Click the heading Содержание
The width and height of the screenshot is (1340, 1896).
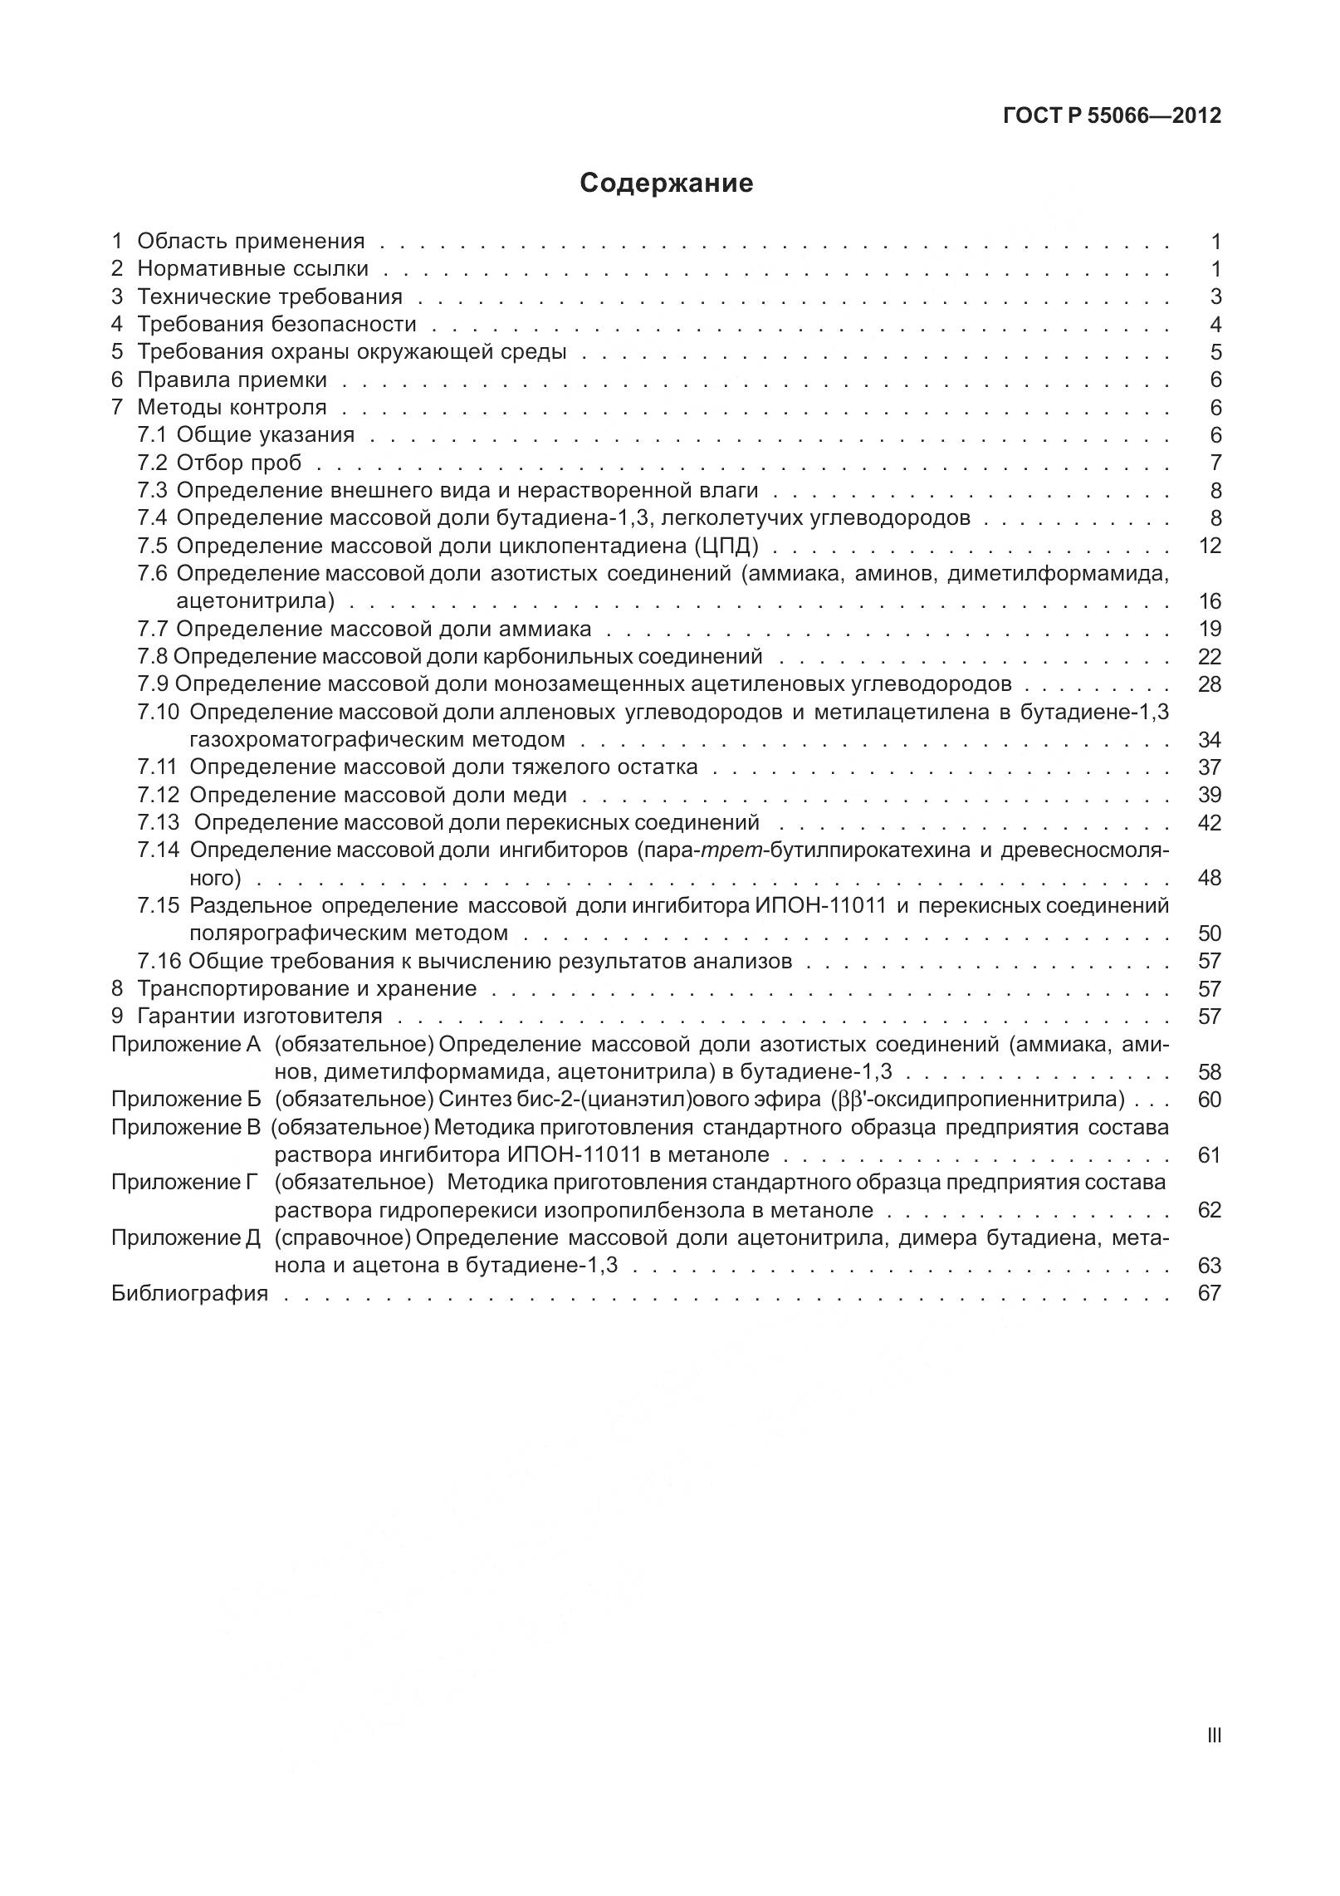(666, 183)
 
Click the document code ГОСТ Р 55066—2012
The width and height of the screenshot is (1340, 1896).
(1112, 116)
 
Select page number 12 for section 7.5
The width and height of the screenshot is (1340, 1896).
(1210, 546)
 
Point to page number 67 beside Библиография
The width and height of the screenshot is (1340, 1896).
(1210, 1293)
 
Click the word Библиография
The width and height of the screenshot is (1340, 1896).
(189, 1293)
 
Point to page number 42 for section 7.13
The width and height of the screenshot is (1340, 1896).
(1210, 823)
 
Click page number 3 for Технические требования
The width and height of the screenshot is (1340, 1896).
(1215, 296)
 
